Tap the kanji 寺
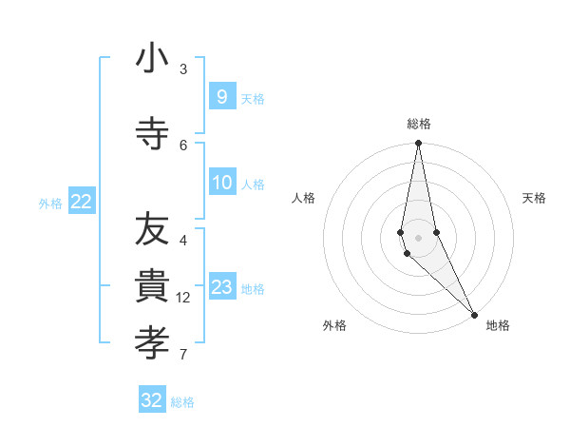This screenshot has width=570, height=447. (x=152, y=133)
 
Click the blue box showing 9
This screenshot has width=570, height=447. (x=221, y=96)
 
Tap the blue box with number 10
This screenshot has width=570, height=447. (x=221, y=183)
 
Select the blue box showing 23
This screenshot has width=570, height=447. (x=221, y=287)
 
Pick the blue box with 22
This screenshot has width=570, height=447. (x=82, y=201)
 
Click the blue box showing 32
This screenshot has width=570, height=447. (x=152, y=399)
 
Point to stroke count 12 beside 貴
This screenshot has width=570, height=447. (x=184, y=298)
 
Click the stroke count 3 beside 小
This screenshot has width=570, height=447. (x=183, y=69)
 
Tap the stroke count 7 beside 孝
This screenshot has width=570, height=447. (x=183, y=355)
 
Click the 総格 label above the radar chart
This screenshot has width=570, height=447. (x=419, y=124)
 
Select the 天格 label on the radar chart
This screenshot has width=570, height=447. (x=535, y=198)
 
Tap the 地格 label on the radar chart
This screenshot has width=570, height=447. (x=498, y=326)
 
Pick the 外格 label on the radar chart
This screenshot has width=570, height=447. (x=334, y=326)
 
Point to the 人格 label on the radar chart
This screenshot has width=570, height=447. (x=304, y=198)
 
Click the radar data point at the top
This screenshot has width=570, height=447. (x=418, y=145)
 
